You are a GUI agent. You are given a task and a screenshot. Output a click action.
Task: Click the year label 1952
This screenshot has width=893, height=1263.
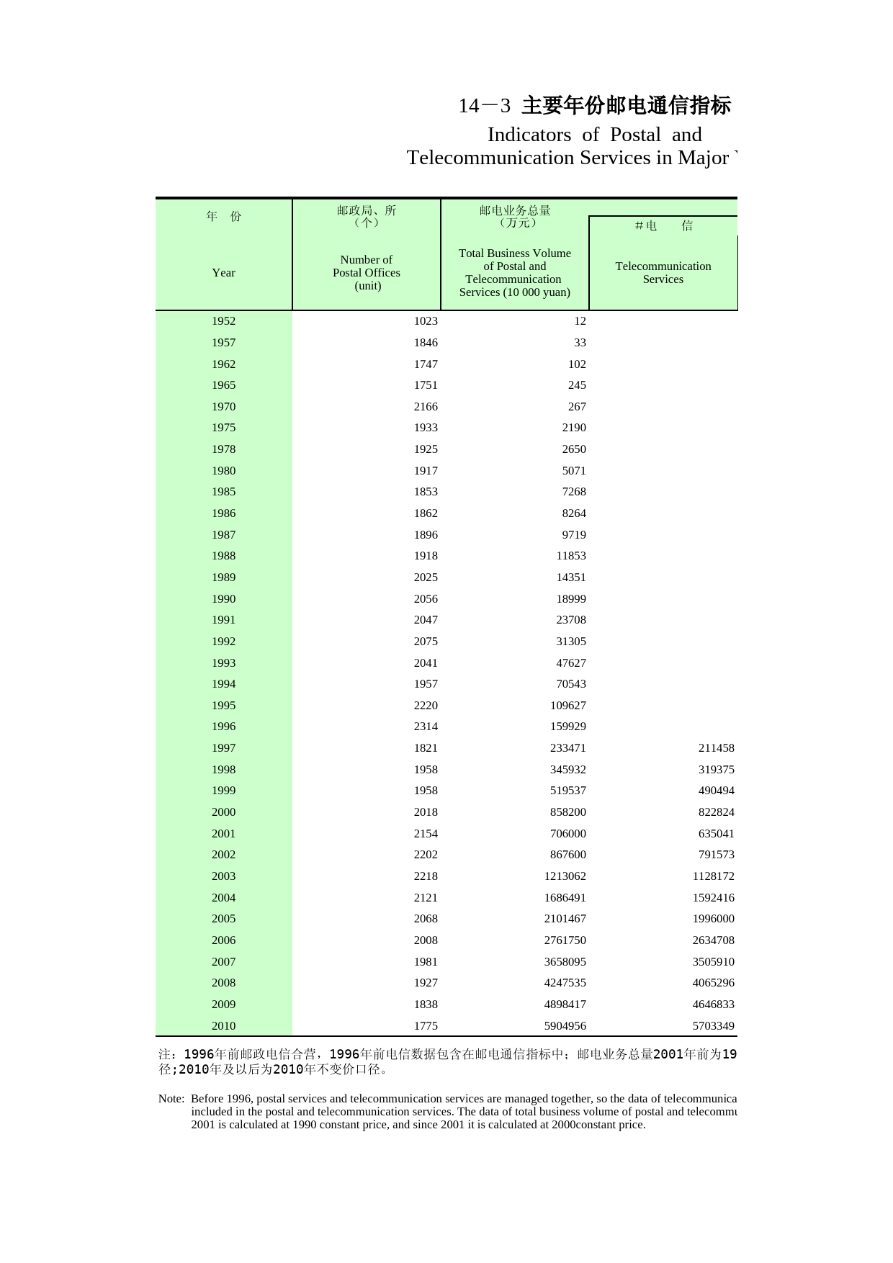223,321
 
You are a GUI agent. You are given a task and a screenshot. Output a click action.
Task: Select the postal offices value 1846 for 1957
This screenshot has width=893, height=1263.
426,343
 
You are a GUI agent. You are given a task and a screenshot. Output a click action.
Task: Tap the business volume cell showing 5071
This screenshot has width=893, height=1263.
574,471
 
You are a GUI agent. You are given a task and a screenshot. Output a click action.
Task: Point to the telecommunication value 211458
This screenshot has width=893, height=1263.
716,748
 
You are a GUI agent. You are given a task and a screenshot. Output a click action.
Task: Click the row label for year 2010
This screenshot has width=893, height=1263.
223,1026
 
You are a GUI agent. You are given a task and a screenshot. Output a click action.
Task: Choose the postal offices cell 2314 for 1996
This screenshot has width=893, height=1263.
426,727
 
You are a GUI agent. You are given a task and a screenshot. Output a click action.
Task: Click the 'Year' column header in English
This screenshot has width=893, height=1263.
223,273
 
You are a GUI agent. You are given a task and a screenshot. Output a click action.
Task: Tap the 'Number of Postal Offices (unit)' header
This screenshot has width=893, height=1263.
367,273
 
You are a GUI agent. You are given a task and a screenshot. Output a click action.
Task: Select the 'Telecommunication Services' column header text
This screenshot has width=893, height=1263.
663,273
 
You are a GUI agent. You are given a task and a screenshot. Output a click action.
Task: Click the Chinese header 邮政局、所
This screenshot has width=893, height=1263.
367,210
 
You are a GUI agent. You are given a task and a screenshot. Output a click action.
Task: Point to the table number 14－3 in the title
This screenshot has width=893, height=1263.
484,106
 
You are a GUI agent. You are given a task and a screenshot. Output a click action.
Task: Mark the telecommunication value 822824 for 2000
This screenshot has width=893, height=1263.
716,812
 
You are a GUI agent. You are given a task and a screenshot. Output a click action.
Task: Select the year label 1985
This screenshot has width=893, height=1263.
223,492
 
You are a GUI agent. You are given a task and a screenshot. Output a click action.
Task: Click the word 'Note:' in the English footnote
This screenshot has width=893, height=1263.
171,1099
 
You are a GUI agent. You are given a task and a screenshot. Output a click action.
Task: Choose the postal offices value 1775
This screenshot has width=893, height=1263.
426,1026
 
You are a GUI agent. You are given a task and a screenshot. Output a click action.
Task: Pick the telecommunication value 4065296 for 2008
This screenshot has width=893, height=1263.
713,983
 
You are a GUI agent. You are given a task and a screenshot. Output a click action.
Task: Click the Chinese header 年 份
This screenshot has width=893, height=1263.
223,216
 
